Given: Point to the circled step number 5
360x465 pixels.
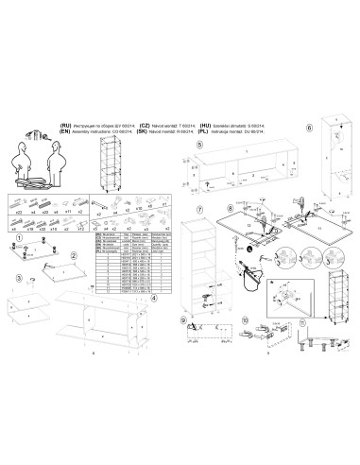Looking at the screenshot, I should [198, 147].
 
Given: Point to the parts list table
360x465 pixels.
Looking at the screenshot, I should [124, 264].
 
